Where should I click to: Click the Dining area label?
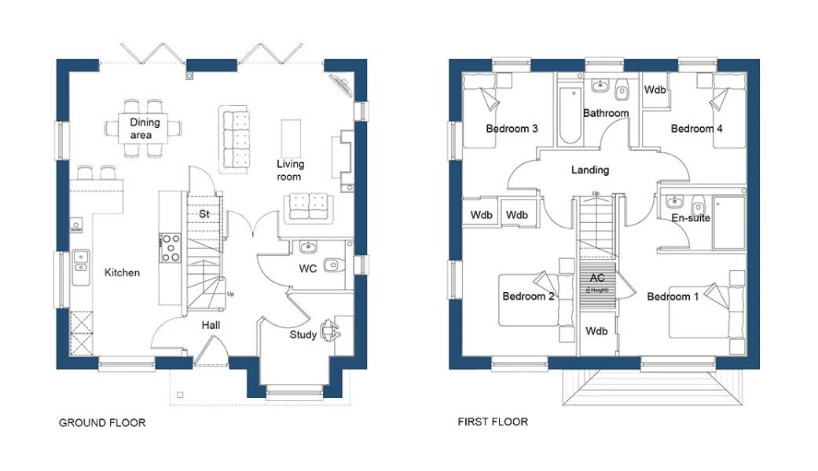tap(145, 129)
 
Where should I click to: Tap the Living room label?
tap(290, 170)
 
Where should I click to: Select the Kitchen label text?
tap(122, 272)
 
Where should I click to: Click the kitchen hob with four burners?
tap(171, 247)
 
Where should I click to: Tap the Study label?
tap(303, 335)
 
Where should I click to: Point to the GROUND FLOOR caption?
tap(102, 423)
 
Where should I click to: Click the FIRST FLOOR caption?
tap(493, 422)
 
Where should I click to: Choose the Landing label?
tap(589, 170)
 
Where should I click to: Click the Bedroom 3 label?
tap(512, 129)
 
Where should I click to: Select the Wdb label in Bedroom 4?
tap(655, 90)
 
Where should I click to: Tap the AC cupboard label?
tap(597, 279)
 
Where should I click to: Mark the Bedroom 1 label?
tap(672, 297)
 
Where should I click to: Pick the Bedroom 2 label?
tap(528, 297)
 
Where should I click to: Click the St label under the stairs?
tap(203, 214)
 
